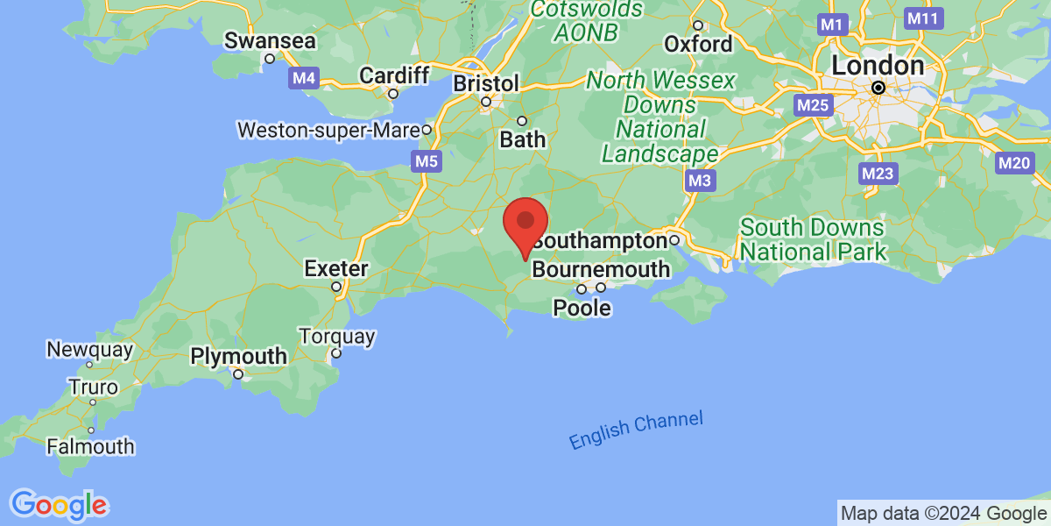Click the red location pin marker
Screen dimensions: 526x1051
pyautogui.click(x=525, y=224)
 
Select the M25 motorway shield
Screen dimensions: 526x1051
pyautogui.click(x=811, y=105)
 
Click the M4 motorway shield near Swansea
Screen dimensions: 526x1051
pyautogui.click(x=304, y=78)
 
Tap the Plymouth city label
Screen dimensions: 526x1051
pyautogui.click(x=238, y=357)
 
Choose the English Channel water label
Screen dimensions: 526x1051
pyautogui.click(x=635, y=430)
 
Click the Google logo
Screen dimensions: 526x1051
pyautogui.click(x=60, y=504)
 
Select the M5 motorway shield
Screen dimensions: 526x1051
pyautogui.click(x=426, y=160)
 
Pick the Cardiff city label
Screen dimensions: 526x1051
pyautogui.click(x=394, y=75)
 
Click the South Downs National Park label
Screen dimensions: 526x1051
pyautogui.click(x=812, y=240)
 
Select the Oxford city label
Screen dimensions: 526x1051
pyautogui.click(x=698, y=43)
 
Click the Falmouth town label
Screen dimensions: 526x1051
pyautogui.click(x=90, y=446)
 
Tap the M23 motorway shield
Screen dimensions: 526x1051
pyautogui.click(x=877, y=173)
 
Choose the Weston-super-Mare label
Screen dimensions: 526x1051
pyautogui.click(x=328, y=130)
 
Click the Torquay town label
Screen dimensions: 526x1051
pyautogui.click(x=336, y=337)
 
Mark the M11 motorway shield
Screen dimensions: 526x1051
pyautogui.click(x=922, y=18)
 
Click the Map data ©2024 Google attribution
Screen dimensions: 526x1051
pyautogui.click(x=943, y=513)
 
